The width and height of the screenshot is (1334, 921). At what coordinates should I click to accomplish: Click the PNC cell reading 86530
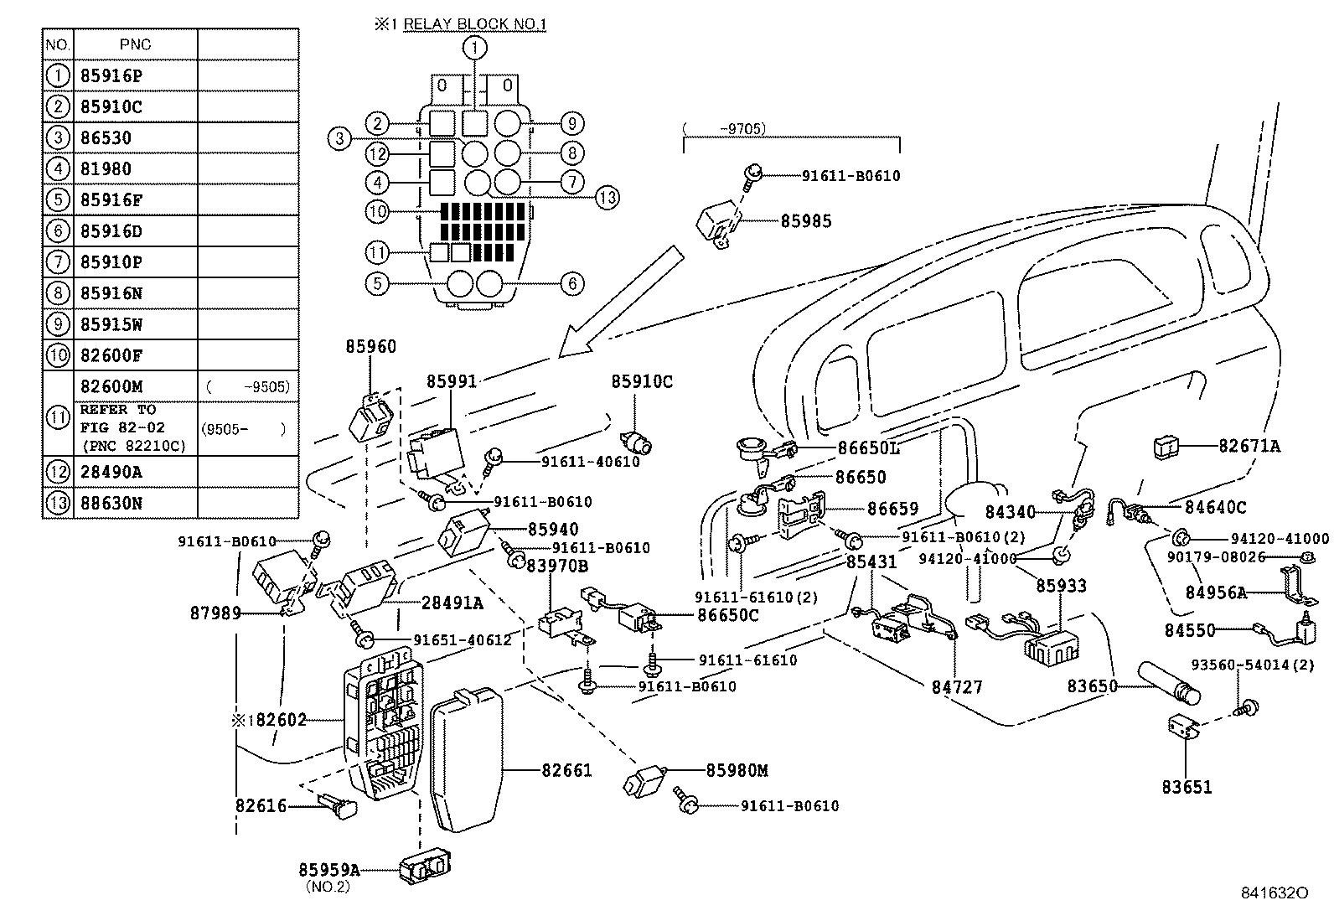point(106,137)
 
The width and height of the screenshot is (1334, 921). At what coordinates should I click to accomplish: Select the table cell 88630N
point(111,503)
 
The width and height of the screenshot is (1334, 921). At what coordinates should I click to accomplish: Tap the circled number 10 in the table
point(58,355)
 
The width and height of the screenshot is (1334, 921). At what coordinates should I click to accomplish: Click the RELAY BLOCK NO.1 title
point(474,24)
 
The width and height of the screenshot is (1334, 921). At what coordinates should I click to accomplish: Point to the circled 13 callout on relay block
point(607,198)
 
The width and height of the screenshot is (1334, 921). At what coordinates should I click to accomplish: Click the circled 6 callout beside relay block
point(572,284)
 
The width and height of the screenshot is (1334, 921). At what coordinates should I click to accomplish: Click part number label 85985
point(806,221)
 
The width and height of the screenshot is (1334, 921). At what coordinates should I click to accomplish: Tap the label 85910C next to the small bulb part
point(641,381)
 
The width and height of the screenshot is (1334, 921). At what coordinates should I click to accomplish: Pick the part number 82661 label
point(566,769)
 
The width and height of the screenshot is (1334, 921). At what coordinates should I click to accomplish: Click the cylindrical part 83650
point(1168,683)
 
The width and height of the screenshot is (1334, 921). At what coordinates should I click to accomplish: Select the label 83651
point(1187,787)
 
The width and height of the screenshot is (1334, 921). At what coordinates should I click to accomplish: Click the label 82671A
point(1249,447)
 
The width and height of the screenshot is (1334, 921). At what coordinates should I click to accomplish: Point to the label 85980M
point(737,770)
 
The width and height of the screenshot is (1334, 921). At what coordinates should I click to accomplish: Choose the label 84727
point(956,687)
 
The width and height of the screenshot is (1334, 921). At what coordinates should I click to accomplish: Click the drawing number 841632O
point(1274,893)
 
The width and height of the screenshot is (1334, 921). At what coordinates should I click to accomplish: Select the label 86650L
point(869,448)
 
